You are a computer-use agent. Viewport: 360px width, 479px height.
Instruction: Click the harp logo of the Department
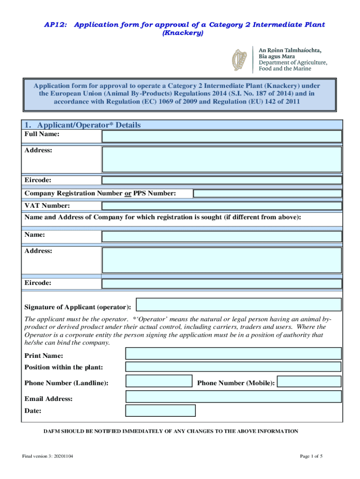tap(240, 60)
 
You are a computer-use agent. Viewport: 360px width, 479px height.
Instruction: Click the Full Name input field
tap(222, 136)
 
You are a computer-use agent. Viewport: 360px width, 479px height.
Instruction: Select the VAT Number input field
tap(222, 206)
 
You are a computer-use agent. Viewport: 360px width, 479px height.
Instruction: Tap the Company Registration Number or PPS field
tap(267, 194)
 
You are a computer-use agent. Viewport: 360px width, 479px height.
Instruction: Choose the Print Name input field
tap(233, 354)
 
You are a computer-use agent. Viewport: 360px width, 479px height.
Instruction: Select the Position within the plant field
tap(233, 367)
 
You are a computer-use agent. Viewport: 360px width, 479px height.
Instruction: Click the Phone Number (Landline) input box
tap(159, 381)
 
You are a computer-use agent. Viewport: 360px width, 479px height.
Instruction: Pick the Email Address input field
tap(233, 397)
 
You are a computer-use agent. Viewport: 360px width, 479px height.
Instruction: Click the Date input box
tap(160, 411)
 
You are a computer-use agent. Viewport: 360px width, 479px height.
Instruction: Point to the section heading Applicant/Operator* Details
tap(82, 125)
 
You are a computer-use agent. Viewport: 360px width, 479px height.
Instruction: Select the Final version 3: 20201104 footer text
tap(46, 456)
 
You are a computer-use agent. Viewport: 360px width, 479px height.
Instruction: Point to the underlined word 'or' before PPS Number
tap(128, 194)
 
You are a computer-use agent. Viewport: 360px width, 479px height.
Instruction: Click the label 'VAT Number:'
tap(47, 206)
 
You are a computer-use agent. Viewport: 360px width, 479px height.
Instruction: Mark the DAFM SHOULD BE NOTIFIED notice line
tap(171, 431)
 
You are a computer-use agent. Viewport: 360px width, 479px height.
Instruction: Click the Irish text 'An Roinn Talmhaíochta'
tap(290, 50)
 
